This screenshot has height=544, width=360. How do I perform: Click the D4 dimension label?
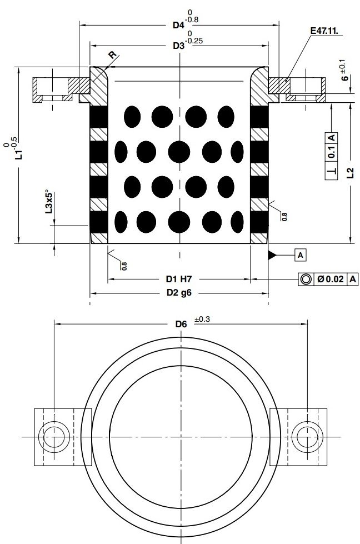[x=177, y=25]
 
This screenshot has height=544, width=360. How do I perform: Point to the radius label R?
[x=113, y=54]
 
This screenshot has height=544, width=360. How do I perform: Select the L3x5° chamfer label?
[x=49, y=202]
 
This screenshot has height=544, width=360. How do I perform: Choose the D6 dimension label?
[x=181, y=324]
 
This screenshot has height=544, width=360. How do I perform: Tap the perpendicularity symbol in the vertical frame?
[x=331, y=172]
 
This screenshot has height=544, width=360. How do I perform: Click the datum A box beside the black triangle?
[x=300, y=255]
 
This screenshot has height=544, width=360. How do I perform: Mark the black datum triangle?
[x=273, y=255]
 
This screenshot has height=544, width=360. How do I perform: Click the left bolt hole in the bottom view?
[x=54, y=437]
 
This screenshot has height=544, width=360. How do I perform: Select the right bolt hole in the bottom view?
[x=306, y=437]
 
